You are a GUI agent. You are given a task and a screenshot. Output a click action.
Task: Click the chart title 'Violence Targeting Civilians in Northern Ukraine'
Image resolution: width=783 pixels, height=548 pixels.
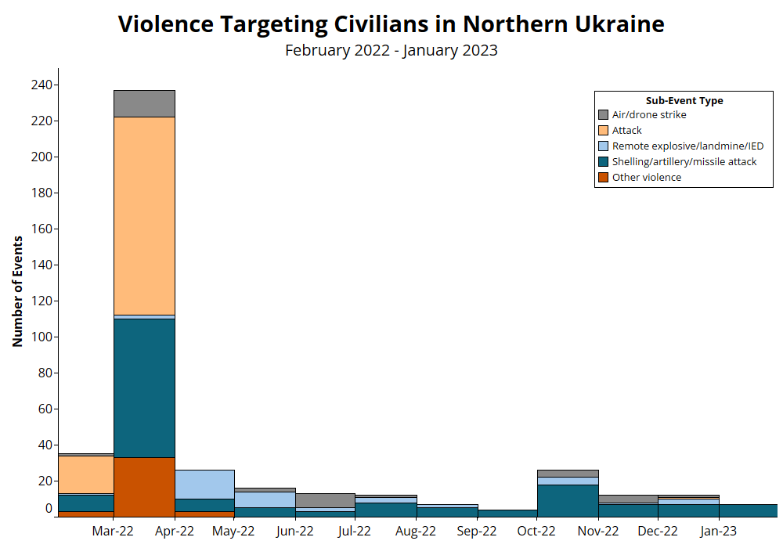pyautogui.click(x=391, y=23)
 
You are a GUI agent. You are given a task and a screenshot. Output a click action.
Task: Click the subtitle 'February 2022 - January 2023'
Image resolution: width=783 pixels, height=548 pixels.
pyautogui.click(x=391, y=51)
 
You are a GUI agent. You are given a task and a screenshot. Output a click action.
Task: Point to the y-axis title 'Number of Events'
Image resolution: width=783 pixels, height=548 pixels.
pyautogui.click(x=17, y=290)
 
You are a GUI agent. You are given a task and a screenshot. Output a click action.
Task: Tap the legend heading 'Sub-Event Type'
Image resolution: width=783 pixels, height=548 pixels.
pyautogui.click(x=684, y=101)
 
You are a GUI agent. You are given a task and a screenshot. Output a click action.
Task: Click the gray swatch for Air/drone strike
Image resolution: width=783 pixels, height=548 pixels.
pyautogui.click(x=603, y=115)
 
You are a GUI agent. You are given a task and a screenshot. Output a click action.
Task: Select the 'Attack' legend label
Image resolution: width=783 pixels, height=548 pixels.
pyautogui.click(x=626, y=131)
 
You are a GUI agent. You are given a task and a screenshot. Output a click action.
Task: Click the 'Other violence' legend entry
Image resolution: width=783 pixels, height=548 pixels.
pyautogui.click(x=646, y=178)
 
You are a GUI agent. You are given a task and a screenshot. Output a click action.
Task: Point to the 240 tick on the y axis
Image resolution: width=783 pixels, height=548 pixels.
pyautogui.click(x=42, y=85)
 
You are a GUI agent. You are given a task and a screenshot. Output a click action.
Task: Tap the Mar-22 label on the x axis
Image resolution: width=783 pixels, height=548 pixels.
pyautogui.click(x=114, y=532)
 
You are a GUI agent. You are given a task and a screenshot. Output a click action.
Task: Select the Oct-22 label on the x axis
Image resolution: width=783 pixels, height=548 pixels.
pyautogui.click(x=537, y=532)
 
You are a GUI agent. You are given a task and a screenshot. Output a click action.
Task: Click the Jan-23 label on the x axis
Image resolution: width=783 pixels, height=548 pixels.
pyautogui.click(x=718, y=532)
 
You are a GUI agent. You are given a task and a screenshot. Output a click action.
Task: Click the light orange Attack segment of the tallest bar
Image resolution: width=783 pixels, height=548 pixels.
pyautogui.click(x=144, y=215)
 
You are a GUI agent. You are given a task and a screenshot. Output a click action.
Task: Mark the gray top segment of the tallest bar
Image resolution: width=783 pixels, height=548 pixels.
pyautogui.click(x=144, y=103)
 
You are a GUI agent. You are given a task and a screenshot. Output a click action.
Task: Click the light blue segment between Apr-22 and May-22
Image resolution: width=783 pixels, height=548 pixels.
pyautogui.click(x=204, y=484)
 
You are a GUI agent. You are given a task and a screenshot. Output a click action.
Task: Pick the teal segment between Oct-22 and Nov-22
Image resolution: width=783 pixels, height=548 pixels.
pyautogui.click(x=568, y=500)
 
